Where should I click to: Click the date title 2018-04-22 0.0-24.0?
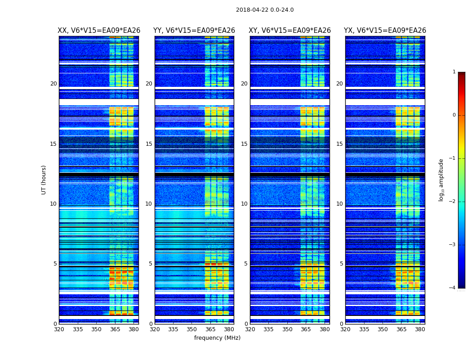tap(265, 10)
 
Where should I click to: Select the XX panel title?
tap(99, 31)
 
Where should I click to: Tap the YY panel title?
tap(194, 31)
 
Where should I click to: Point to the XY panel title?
tap(290, 31)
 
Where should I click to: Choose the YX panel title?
tap(385, 31)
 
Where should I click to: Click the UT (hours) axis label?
tap(44, 180)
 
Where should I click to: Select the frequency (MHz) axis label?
tap(217, 338)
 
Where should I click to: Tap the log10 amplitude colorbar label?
tap(441, 180)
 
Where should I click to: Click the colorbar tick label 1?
tap(454, 72)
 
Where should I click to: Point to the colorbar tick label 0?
tap(454, 115)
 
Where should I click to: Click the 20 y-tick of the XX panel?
tap(53, 84)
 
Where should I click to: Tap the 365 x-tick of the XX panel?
tap(115, 329)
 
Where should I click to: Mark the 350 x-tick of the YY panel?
tap(192, 329)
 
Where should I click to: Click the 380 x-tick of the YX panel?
tap(420, 329)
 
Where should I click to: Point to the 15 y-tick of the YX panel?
tap(339, 144)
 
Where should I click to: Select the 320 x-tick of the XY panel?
tap(250, 329)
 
